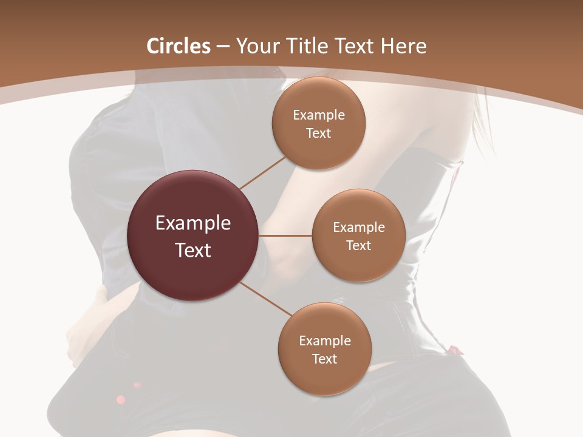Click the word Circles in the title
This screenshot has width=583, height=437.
click(x=178, y=46)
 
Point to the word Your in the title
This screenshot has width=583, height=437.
click(x=256, y=46)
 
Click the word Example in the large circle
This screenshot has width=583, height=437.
click(x=193, y=223)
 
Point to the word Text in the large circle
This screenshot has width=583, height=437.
click(x=193, y=250)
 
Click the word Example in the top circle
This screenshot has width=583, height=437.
click(x=319, y=115)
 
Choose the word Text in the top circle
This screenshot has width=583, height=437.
click(x=319, y=134)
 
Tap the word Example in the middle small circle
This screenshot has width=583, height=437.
click(x=359, y=228)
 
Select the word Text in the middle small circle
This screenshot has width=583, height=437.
click(x=359, y=246)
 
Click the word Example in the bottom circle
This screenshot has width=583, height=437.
click(x=325, y=341)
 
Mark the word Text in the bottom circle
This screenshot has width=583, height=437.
click(x=325, y=359)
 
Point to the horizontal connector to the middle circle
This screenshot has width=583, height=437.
click(x=285, y=235)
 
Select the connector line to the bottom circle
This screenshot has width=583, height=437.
click(x=266, y=299)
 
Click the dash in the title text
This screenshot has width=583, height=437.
click(x=223, y=47)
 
